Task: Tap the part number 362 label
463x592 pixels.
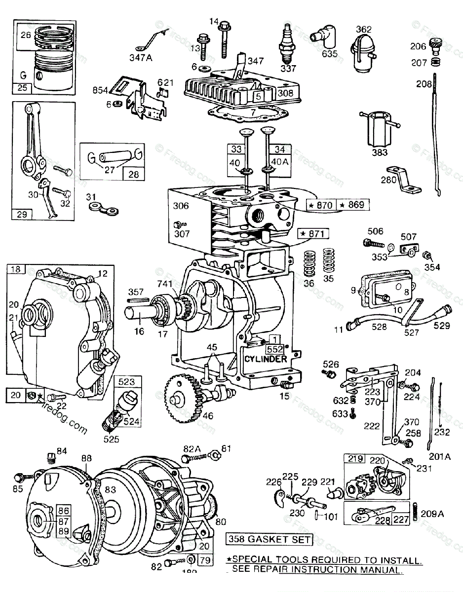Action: (364, 29)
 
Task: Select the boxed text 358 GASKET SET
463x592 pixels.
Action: (270, 539)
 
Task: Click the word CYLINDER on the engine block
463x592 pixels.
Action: (265, 359)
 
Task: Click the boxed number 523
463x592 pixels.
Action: (127, 382)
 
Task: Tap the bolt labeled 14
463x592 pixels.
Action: (225, 35)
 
